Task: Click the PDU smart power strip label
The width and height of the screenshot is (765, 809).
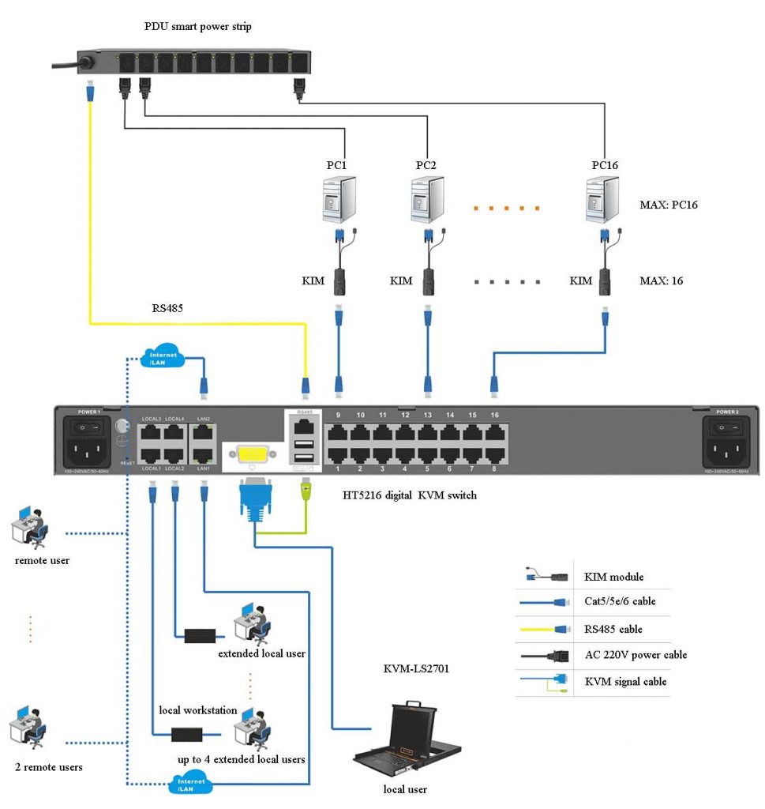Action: (198, 27)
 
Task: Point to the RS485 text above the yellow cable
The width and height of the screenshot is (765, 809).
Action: (167, 309)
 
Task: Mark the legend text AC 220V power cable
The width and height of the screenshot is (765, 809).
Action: (636, 655)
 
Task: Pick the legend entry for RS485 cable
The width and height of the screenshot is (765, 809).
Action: (613, 629)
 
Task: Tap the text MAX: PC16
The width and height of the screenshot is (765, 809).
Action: (669, 205)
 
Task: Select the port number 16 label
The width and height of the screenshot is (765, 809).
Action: (495, 415)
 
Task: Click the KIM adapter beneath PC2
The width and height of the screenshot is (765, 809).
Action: (428, 279)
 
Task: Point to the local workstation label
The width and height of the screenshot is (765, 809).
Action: (198, 709)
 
